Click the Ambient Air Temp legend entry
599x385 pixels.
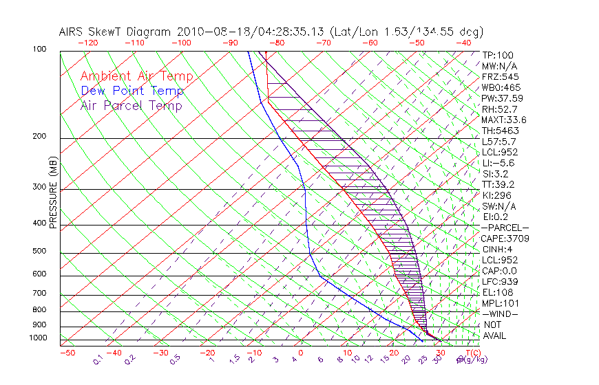[x=136, y=76]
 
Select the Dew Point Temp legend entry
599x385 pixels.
[x=132, y=91]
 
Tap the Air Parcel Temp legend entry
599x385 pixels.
[x=131, y=105]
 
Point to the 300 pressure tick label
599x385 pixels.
[x=40, y=187]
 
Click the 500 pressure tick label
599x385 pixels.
[x=40, y=252]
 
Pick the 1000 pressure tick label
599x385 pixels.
[x=39, y=338]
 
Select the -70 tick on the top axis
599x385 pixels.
[x=324, y=43]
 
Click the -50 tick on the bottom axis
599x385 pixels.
[x=67, y=353]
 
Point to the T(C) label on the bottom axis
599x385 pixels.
[x=472, y=353]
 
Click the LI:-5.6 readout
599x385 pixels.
[x=498, y=163]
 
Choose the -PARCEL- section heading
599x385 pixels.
[x=505, y=228]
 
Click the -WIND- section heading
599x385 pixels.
[x=499, y=313]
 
